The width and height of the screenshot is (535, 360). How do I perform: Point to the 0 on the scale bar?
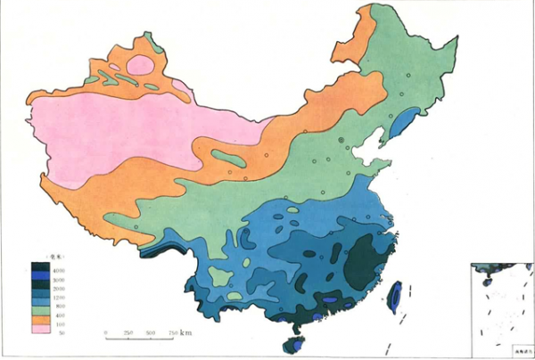click(x=106, y=333)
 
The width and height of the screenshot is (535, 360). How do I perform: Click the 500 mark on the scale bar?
click(x=150, y=333)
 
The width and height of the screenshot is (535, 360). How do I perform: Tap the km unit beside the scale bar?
click(x=185, y=332)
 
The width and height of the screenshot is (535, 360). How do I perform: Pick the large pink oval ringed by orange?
click(x=140, y=64)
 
